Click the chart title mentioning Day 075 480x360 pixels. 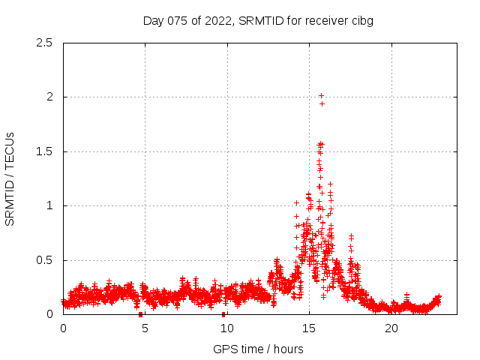pos(258,20)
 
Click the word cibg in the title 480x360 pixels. pos(361,20)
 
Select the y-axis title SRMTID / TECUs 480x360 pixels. pos(10,178)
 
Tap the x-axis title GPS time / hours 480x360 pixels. pos(258,349)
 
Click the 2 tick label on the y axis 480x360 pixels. pos(49,97)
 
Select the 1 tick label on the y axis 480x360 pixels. pos(49,205)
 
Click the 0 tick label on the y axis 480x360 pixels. pos(49,314)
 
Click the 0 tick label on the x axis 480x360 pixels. pos(63,328)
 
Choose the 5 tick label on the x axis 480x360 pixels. pos(145,328)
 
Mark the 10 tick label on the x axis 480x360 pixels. pos(226,328)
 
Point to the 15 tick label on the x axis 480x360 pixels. pos(309,328)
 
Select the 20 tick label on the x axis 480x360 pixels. pos(391,328)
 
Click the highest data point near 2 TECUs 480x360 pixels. pos(321,95)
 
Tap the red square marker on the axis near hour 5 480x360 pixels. pos(140,314)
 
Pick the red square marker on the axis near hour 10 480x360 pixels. pos(223,314)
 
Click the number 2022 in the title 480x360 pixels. pos(217,20)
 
